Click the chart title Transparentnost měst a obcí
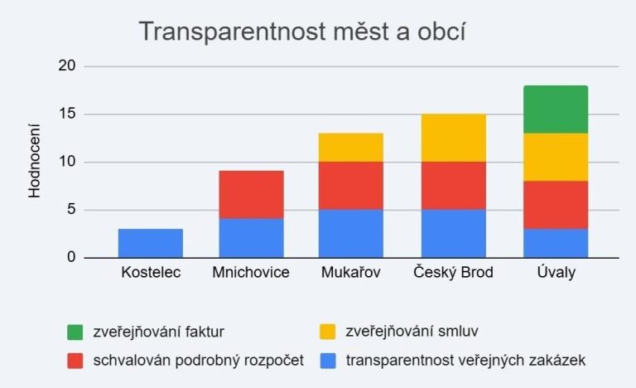coord(302,32)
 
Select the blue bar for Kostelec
coord(150,243)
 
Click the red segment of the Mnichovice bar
coord(251,195)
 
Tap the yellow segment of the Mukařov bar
coord(352,148)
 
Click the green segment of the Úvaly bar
coord(555,109)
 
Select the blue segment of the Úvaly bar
coord(555,243)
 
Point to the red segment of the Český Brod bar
coord(453,186)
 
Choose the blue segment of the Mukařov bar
coord(352,233)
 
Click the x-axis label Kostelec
coord(150,272)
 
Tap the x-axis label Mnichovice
coord(251,272)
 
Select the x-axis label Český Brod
coord(453,272)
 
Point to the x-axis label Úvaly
coord(555,272)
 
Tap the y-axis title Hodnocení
coord(35,162)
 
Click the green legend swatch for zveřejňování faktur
coord(76,332)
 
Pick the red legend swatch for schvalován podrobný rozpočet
coord(76,360)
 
